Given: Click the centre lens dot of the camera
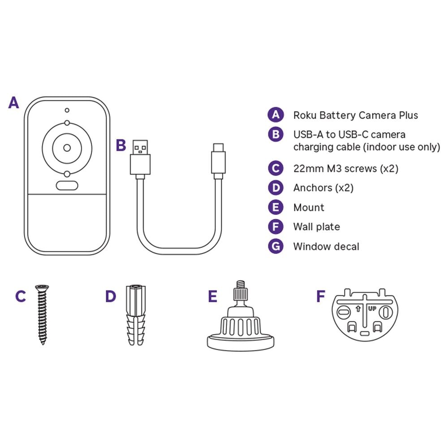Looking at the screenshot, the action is pos(67,148).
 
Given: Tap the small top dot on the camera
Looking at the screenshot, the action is pos(67,110).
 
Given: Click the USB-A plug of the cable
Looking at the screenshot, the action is pos(140,157).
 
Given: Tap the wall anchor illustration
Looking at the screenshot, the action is pos(136,315).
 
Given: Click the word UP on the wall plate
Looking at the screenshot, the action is pos(372,309).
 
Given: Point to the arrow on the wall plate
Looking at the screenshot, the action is pos(358,309).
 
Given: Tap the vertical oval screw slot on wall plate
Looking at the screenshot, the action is pos(386,312).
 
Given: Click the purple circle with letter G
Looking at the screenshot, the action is pos(276,246).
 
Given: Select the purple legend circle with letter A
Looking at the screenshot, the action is pos(276,115).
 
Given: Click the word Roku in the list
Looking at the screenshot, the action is pos(305,115).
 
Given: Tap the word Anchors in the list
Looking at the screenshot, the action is pos(313,188).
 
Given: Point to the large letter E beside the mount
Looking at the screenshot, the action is pos(212,296).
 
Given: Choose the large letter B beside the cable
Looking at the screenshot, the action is pos(121,145).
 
